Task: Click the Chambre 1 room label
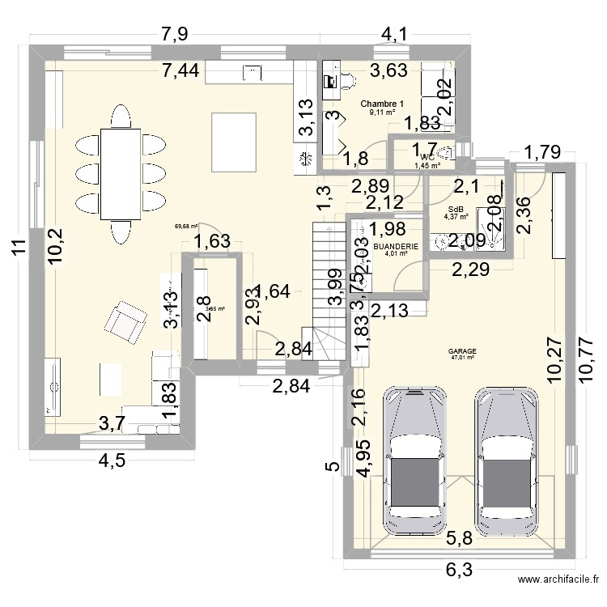[382, 104]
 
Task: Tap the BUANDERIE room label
[397, 245]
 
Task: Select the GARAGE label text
[463, 351]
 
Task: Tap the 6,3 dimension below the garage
[458, 571]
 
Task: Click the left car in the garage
[416, 460]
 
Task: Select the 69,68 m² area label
[185, 227]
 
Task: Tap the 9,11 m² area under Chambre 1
[382, 112]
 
